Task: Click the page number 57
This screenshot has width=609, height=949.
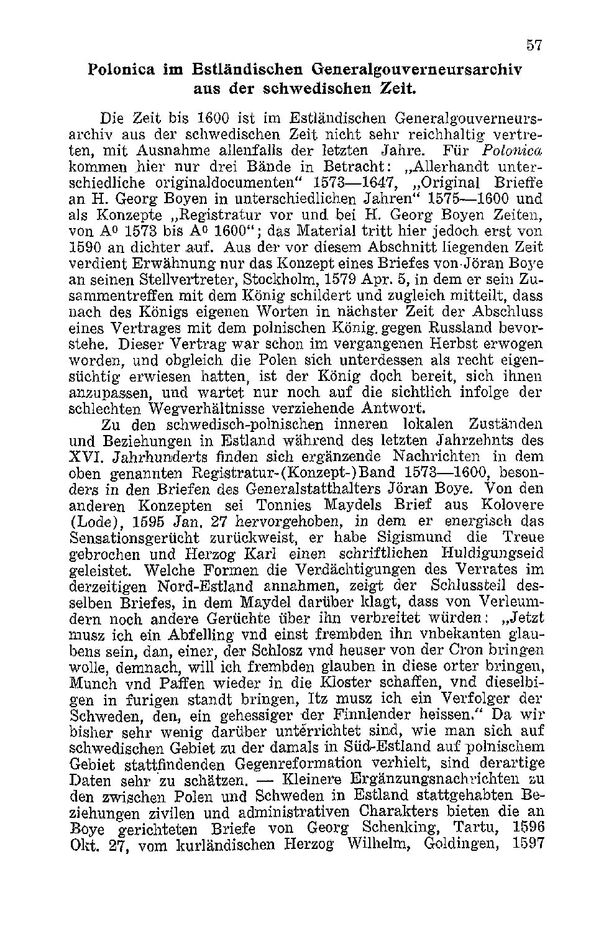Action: pos(534,45)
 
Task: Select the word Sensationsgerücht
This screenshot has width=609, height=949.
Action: pos(136,538)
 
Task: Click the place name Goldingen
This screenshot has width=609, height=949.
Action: pos(460,845)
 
